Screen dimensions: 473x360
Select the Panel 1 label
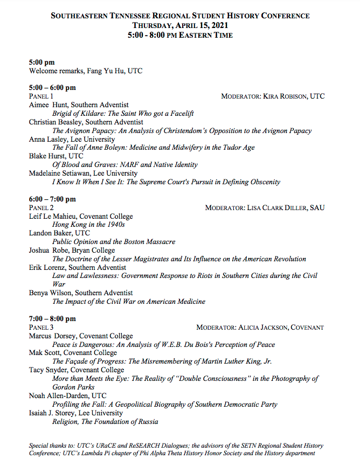point(41,96)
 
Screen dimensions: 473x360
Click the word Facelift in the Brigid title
point(181,114)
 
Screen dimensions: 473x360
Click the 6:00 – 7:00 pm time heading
point(52,199)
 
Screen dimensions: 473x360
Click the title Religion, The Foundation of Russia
point(105,422)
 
